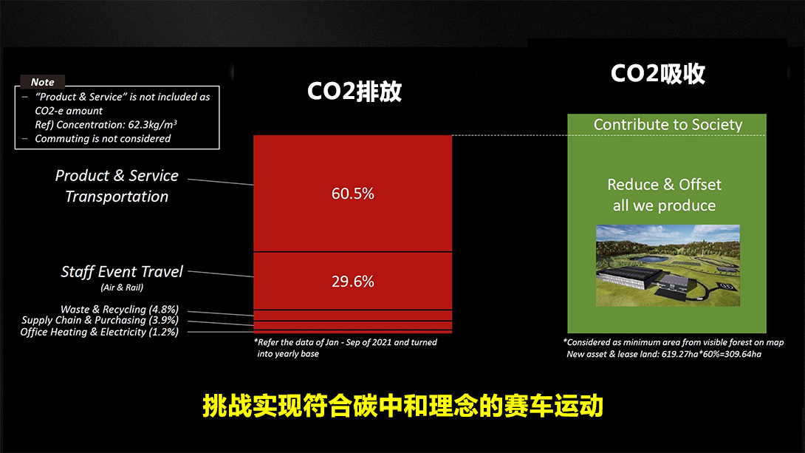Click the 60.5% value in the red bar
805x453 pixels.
click(353, 194)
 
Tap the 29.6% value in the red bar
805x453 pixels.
click(353, 282)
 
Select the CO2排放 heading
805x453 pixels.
click(354, 92)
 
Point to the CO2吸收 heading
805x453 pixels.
click(657, 73)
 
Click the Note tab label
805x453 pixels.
click(43, 82)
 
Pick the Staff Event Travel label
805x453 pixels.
click(122, 272)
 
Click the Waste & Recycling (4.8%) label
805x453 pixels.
click(120, 309)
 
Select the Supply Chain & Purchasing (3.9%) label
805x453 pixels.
click(100, 320)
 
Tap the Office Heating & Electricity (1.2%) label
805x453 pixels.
click(100, 332)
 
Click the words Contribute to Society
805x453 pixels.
click(668, 124)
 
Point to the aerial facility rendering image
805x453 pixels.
click(668, 265)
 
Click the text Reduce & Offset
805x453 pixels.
click(665, 185)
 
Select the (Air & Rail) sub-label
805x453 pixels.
click(122, 287)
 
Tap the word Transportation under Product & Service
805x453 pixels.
click(117, 197)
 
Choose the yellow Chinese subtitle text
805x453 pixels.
click(402, 406)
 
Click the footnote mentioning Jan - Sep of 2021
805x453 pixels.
click(346, 348)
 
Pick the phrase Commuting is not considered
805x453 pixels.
click(103, 139)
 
